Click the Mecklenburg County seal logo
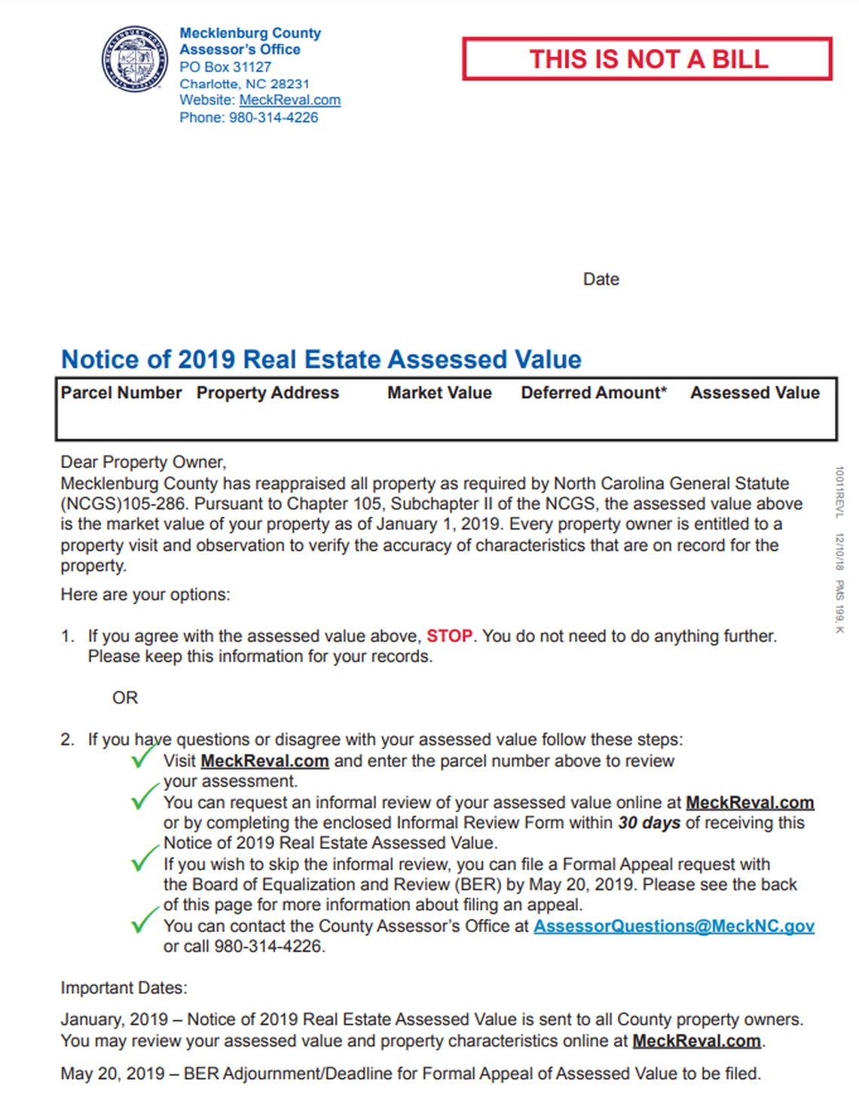point(135,59)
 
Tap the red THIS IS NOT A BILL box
point(647,59)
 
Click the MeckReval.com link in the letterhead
point(289,100)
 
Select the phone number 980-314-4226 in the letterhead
point(274,118)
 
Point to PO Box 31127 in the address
point(225,67)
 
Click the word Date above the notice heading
point(601,280)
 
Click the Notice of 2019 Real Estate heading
point(321,359)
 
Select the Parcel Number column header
point(121,393)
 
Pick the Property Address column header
point(267,393)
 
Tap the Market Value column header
point(439,393)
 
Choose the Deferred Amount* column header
point(594,393)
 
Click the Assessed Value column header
point(754,393)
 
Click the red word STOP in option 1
point(449,636)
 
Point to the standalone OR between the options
point(125,698)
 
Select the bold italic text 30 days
point(649,823)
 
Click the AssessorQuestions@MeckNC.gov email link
point(674,926)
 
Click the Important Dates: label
point(124,988)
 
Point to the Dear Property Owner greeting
point(143,462)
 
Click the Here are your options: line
point(145,594)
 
